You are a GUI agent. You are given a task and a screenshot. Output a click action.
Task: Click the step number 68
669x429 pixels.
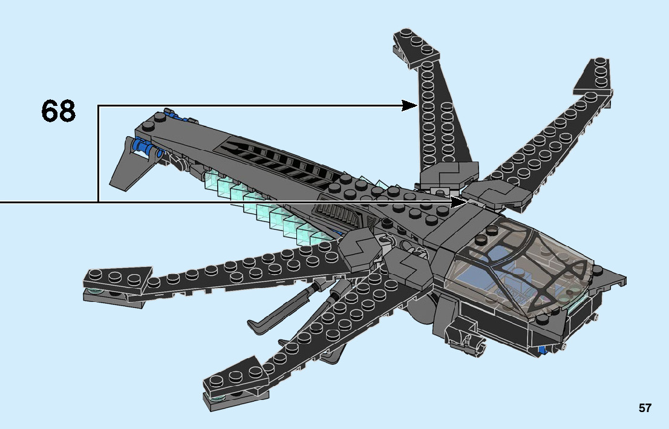coord(59,111)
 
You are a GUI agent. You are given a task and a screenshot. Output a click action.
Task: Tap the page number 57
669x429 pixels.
coord(645,408)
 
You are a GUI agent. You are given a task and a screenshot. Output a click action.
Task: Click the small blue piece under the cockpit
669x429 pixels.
coord(544,349)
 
